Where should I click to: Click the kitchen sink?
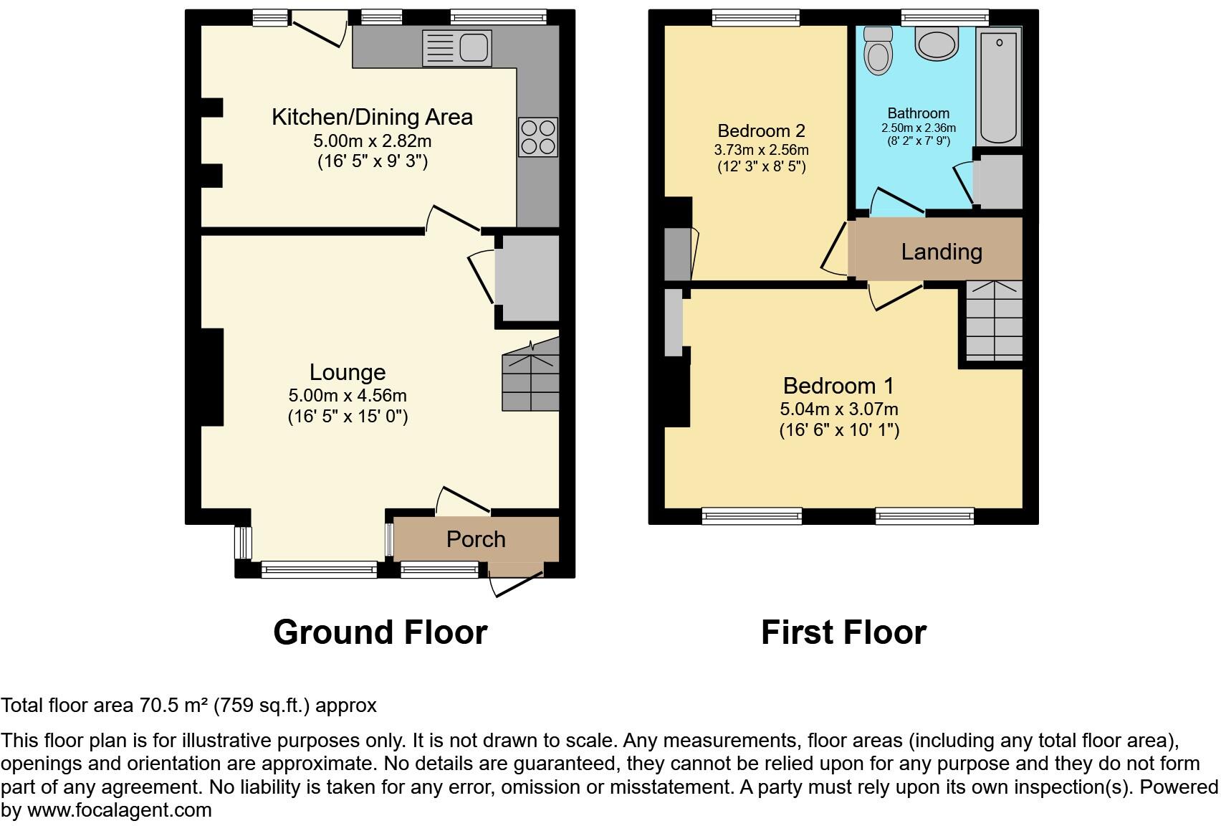[457, 47]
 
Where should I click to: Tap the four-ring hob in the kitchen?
[538, 136]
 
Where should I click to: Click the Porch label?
[476, 539]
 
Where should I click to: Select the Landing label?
[941, 252]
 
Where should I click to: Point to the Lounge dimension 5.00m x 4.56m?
[348, 395]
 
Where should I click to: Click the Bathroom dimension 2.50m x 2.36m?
[918, 128]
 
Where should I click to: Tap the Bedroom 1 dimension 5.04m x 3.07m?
[838, 409]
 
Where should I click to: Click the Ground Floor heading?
[380, 632]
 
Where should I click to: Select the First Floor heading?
[843, 632]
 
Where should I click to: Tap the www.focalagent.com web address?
[120, 810]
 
